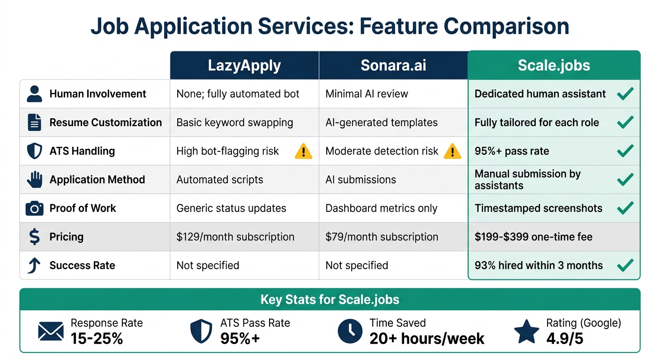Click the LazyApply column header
(244, 65)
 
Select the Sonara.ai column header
(393, 65)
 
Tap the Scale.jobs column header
(554, 65)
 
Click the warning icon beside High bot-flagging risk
(303, 151)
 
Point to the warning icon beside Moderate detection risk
(452, 151)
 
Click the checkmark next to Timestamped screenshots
(625, 208)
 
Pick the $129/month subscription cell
(235, 237)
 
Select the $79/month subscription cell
(382, 237)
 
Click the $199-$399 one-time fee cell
(533, 237)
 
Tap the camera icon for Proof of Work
(34, 209)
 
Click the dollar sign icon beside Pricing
(34, 237)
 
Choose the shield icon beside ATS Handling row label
(34, 151)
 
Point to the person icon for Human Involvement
(34, 94)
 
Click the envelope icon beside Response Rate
(51, 332)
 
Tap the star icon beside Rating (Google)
(526, 332)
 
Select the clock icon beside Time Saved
(350, 332)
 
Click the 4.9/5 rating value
(565, 338)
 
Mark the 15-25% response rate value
(97, 338)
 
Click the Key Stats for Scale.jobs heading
(330, 300)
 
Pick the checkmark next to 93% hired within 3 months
(625, 265)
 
